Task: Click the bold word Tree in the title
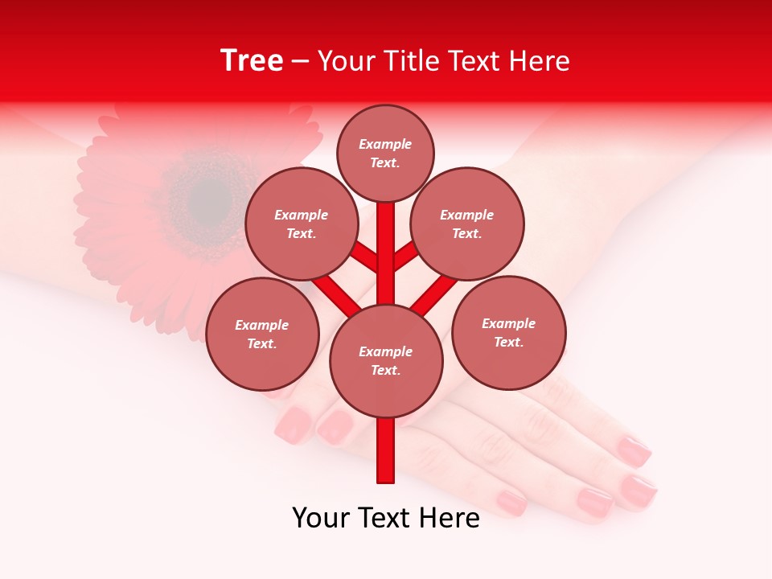click(252, 61)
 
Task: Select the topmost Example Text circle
click(385, 153)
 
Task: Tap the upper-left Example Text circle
click(301, 224)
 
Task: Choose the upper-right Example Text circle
click(467, 224)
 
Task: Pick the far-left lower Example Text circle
click(262, 335)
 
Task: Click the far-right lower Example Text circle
click(508, 333)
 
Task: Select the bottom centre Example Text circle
click(386, 361)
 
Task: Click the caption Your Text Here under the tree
click(386, 518)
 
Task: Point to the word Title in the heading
click(411, 61)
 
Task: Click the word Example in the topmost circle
click(385, 144)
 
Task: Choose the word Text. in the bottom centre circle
click(386, 371)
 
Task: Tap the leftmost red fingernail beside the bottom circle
click(294, 424)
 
